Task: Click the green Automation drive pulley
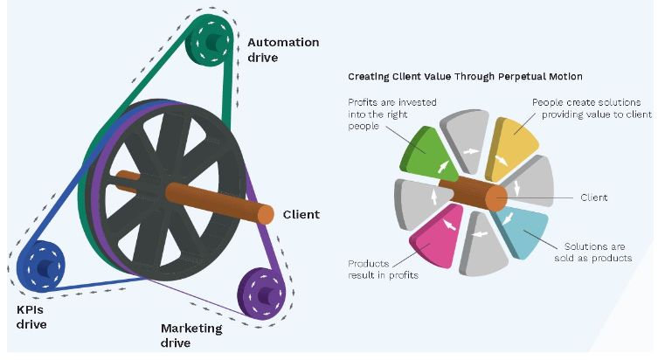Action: click(x=211, y=38)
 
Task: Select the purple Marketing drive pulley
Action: click(x=260, y=288)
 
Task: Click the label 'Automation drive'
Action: click(x=282, y=49)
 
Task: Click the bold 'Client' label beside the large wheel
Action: click(x=301, y=214)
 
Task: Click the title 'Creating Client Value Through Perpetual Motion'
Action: click(x=465, y=77)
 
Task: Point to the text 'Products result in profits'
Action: click(x=382, y=269)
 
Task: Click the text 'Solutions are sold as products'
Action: click(x=595, y=252)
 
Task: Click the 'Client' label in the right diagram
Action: click(x=593, y=197)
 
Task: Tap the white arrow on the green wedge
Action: click(x=442, y=165)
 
